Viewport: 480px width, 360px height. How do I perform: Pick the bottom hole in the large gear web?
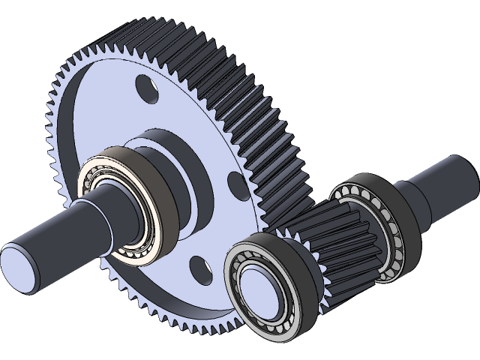tap(198, 265)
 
